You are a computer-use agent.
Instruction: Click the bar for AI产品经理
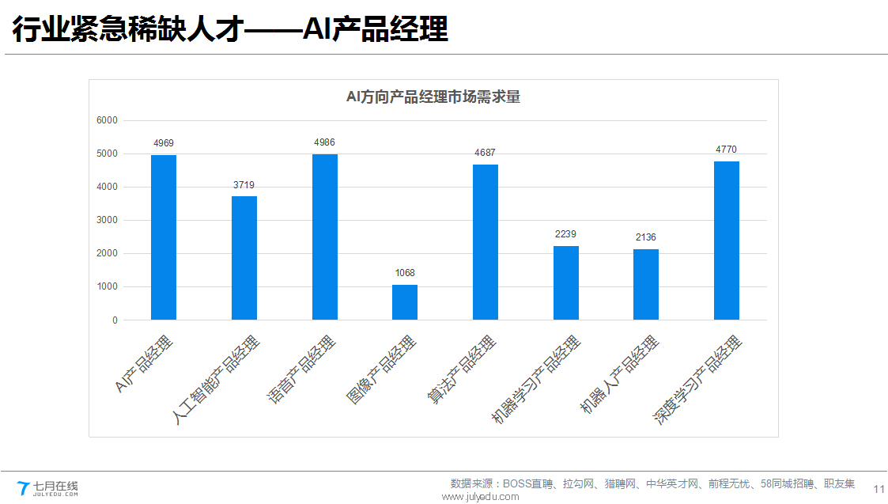164,237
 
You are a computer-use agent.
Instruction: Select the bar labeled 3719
244,258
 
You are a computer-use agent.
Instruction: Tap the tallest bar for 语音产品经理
325,237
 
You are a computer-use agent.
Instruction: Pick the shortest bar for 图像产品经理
405,302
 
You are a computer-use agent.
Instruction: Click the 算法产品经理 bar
486,242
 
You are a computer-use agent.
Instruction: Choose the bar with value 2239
566,282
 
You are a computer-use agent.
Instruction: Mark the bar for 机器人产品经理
646,284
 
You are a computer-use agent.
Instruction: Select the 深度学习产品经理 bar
727,241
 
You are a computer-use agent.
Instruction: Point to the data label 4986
324,142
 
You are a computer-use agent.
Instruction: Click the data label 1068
405,273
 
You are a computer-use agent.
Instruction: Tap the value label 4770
726,150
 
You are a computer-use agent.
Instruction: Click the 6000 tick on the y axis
107,120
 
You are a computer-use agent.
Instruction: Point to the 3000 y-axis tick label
107,220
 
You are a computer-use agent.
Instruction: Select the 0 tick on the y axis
115,320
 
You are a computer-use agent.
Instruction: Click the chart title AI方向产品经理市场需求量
433,97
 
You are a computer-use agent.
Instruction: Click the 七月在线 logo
48,487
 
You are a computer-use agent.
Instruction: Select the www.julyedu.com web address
480,497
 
